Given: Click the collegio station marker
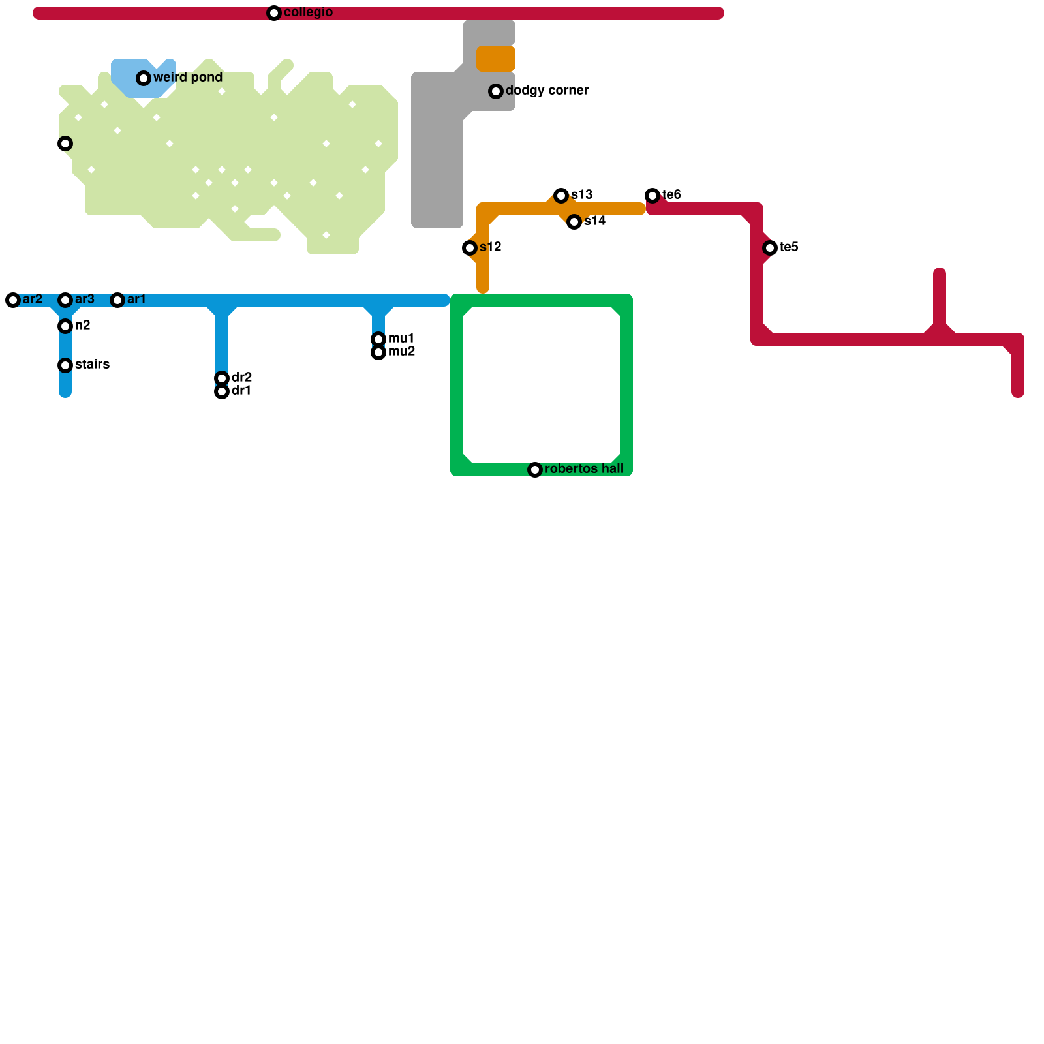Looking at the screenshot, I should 274,13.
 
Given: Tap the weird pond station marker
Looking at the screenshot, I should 144,78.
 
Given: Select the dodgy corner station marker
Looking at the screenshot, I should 496,91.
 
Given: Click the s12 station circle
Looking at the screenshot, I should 470,248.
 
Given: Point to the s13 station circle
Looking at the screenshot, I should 561,196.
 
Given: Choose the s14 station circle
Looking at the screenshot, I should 574,222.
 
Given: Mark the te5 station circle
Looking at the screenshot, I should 770,248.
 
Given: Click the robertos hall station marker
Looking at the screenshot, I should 535,470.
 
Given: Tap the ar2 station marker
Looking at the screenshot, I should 13,300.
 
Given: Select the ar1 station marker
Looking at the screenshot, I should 117,300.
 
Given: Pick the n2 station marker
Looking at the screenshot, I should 65,326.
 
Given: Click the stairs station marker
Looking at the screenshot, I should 65,365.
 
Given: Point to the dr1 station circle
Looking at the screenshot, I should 222,391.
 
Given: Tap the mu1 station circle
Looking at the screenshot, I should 378,339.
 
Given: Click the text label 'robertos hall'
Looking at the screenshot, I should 584,469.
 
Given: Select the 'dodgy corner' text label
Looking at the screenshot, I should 547,91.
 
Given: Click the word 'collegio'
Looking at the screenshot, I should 309,12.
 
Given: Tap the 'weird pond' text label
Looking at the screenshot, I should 188,78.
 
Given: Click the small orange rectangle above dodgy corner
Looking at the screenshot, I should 496,59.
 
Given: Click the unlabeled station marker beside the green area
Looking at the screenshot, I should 65,144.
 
